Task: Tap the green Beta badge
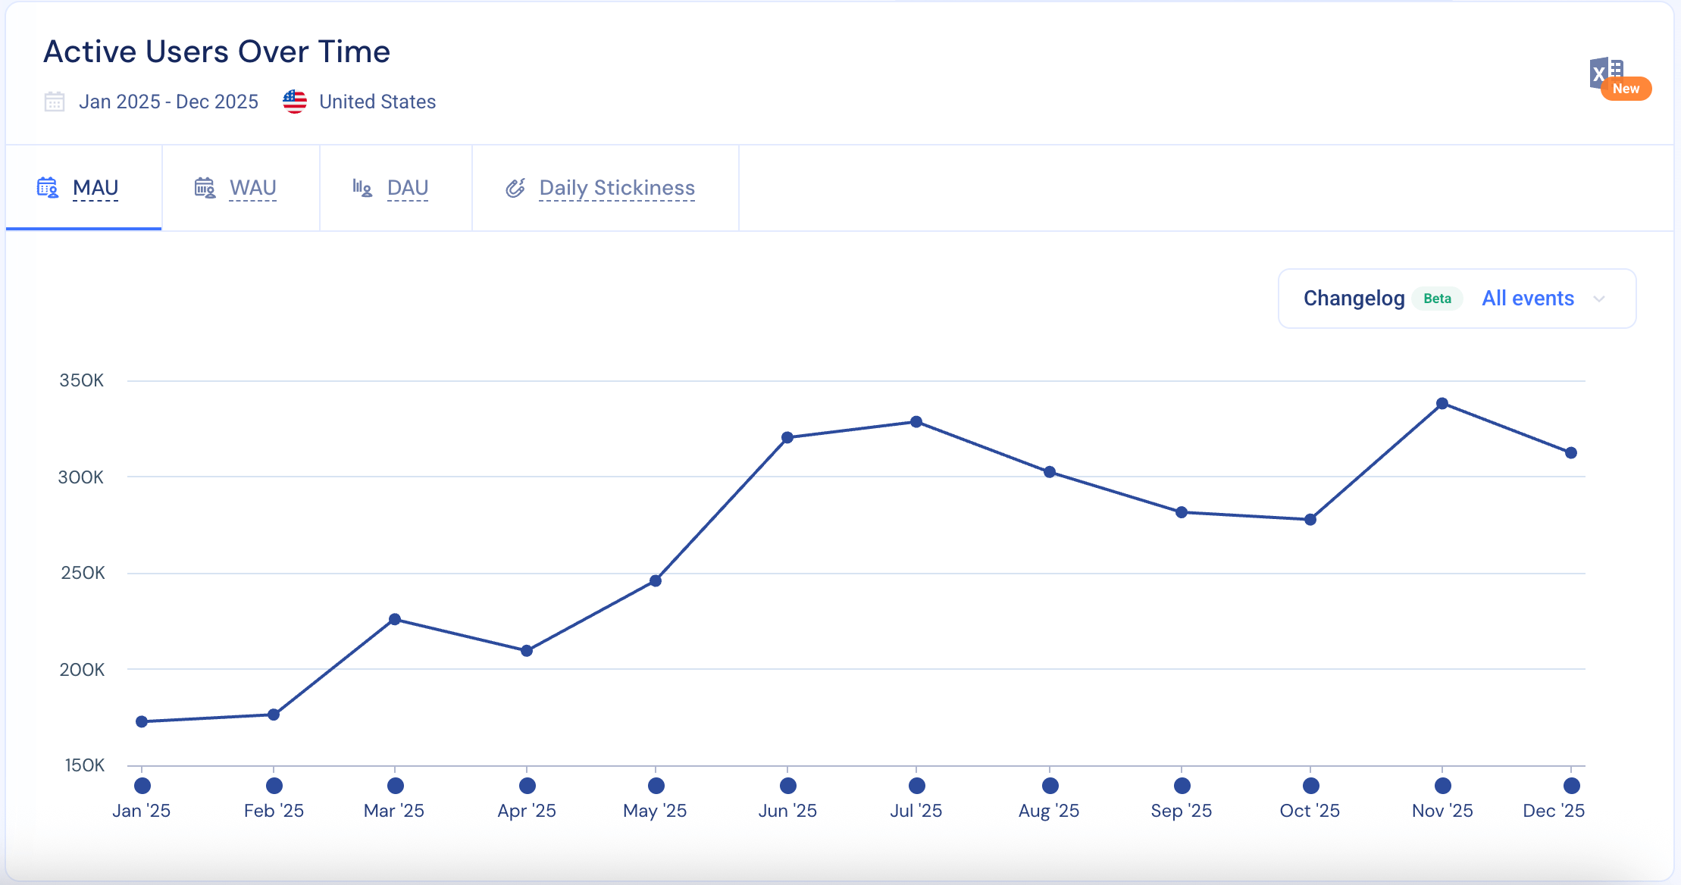point(1437,299)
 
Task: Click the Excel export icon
point(1606,74)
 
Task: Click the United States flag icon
point(295,102)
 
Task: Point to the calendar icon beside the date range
point(55,102)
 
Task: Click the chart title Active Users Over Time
point(217,52)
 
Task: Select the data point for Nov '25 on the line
point(1442,404)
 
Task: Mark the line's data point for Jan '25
point(142,721)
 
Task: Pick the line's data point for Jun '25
point(787,437)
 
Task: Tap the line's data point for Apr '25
point(527,651)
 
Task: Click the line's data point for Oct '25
point(1310,520)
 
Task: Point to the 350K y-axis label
point(81,380)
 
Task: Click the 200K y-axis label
point(82,670)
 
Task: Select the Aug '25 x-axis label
point(1049,811)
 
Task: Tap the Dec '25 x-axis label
point(1554,811)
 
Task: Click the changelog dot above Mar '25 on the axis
point(395,786)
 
